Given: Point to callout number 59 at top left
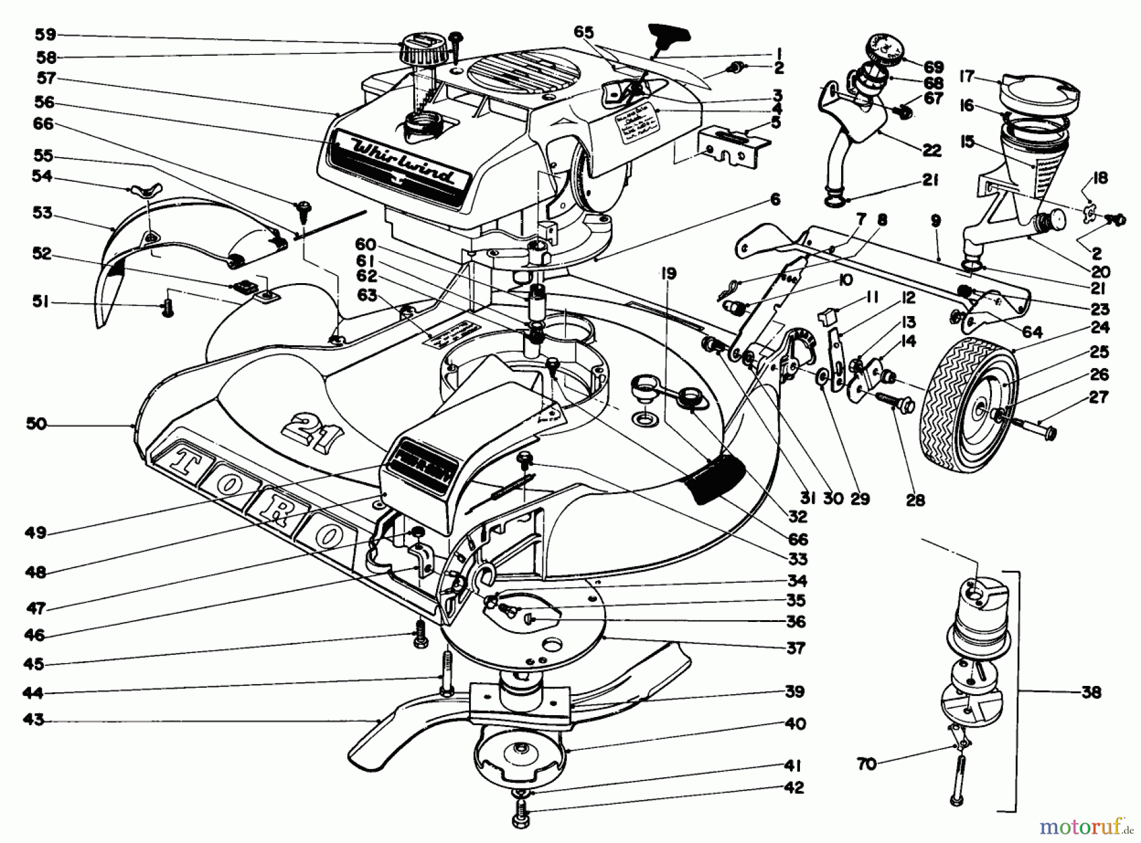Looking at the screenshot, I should [46, 34].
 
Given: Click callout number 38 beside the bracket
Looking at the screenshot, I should [1091, 692].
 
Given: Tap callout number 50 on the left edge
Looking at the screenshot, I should [37, 424].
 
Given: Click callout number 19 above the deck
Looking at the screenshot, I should [667, 274].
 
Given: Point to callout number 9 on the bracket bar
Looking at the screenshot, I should [936, 221].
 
